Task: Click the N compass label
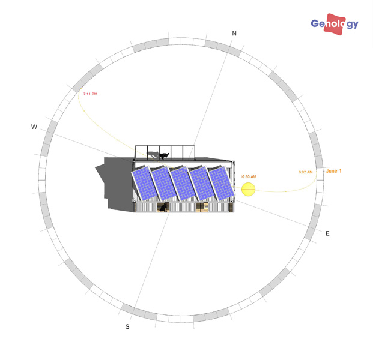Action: [x=234, y=34]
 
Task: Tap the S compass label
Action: [x=127, y=327]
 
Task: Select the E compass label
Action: [x=327, y=233]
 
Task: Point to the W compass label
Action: [x=34, y=127]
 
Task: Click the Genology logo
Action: [x=335, y=24]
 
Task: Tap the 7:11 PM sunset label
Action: [x=90, y=94]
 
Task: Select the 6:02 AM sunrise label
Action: [x=306, y=172]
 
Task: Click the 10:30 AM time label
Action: [x=248, y=177]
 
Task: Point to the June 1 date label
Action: [x=333, y=171]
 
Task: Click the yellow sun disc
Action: [x=248, y=190]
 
